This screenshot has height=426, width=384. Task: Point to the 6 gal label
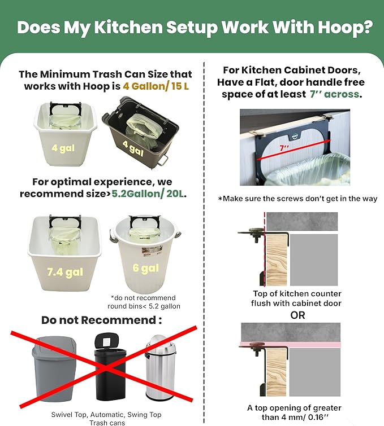click(x=146, y=269)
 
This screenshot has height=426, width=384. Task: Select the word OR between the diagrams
click(x=297, y=315)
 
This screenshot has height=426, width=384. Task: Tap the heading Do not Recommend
click(x=101, y=320)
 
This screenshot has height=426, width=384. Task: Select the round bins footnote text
click(x=143, y=302)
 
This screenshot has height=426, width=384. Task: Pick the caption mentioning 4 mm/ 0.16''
click(x=294, y=412)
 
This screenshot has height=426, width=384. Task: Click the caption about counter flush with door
click(x=296, y=298)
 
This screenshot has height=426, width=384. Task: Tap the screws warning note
click(x=297, y=199)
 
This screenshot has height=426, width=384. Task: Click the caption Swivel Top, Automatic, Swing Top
click(x=106, y=415)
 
